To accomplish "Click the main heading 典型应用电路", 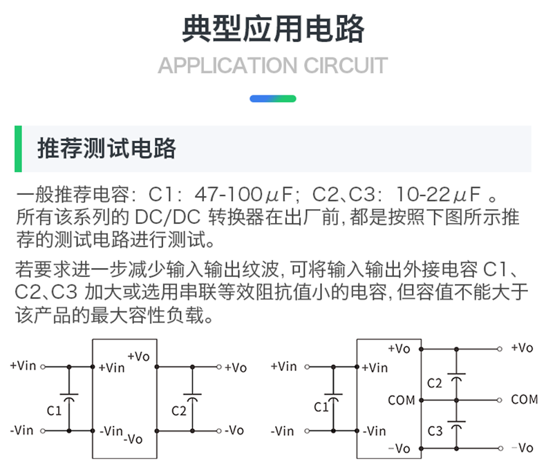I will tap(272, 29).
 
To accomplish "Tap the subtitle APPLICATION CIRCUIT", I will tap(272, 66).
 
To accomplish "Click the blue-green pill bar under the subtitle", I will tap(272, 99).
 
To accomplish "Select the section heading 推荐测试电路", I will tap(107, 149).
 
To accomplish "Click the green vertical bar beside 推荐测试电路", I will tap(19, 149).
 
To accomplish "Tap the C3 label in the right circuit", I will tap(434, 431).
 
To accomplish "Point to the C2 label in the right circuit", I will tap(434, 383).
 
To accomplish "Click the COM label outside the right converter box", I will tap(525, 399).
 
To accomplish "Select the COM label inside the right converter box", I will tap(402, 399).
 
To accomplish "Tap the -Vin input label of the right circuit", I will tap(283, 432).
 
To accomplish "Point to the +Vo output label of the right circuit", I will tap(522, 347).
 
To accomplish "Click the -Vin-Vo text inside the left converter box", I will tap(120, 434).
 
